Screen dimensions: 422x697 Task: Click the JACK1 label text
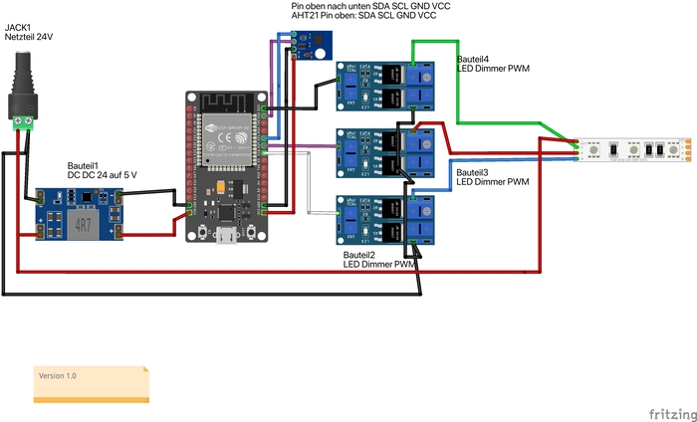click(x=20, y=28)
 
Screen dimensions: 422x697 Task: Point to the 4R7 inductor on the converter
click(x=84, y=225)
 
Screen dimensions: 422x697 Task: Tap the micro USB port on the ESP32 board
click(x=226, y=236)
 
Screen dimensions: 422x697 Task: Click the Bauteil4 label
click(x=472, y=60)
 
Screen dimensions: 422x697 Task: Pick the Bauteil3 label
click(x=472, y=172)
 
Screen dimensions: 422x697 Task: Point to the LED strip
click(x=633, y=149)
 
